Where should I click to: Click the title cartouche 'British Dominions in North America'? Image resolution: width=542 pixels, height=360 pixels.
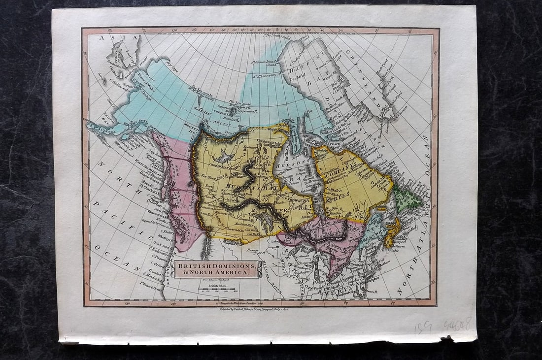[x=217, y=269]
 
